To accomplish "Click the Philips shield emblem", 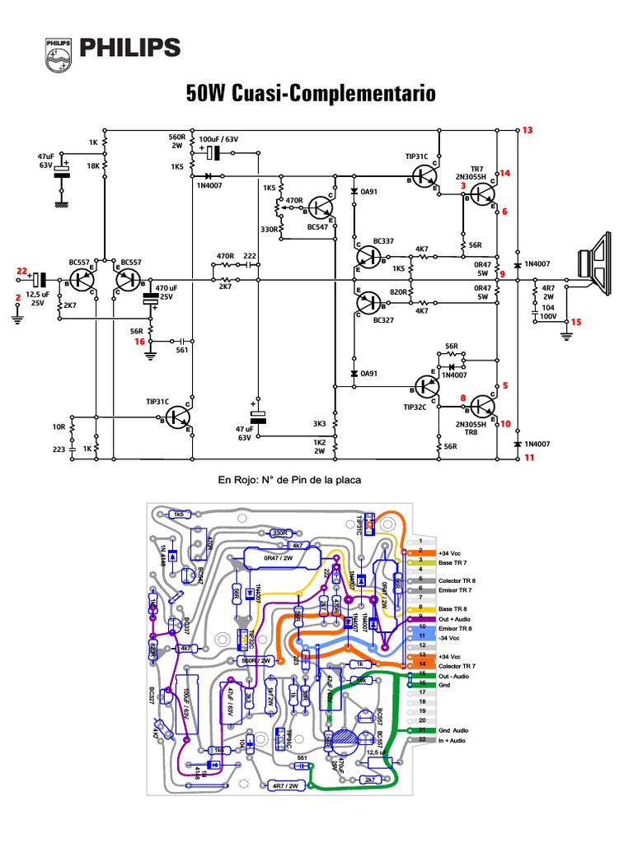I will [59, 52].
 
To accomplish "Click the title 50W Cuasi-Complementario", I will [311, 94].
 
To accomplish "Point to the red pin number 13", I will [527, 130].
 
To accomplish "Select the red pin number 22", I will [21, 271].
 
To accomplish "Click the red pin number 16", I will [139, 340].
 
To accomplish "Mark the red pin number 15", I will [576, 322].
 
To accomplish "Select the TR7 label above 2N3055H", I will [477, 168].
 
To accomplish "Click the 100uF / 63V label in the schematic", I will [218, 140].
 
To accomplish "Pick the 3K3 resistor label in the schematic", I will [320, 424].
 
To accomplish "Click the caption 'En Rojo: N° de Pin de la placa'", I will [289, 479].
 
